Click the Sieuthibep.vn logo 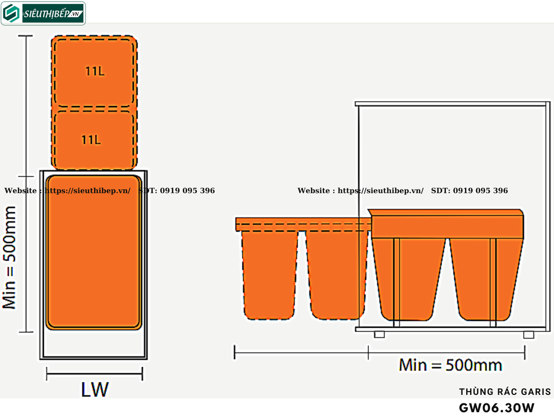43,13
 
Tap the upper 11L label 95,71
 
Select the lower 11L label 91,140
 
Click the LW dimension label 95,390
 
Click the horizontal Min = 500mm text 450,365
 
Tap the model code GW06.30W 497,407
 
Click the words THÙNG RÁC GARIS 505,392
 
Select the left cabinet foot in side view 379,334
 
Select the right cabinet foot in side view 529,334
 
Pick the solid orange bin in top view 94,252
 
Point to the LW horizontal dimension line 95,373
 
